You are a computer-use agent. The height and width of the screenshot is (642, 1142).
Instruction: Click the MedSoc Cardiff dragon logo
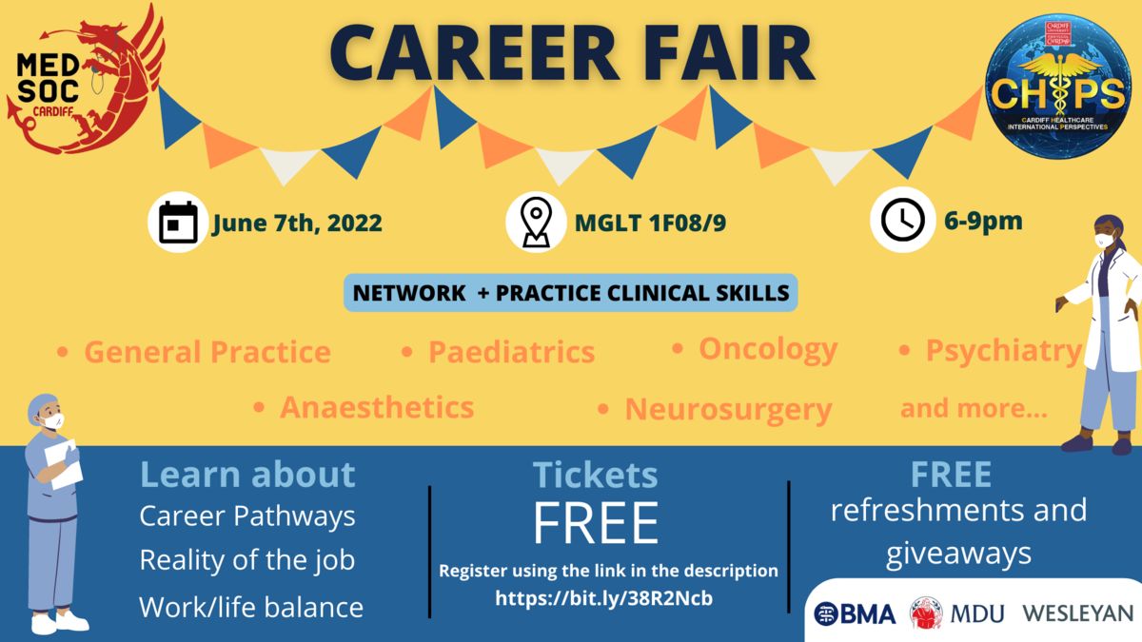point(84,79)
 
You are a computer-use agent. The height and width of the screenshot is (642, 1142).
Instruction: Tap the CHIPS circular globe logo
point(1058,86)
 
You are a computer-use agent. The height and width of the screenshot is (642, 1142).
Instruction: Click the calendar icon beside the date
point(178,223)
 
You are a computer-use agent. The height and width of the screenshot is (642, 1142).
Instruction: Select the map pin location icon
point(536,223)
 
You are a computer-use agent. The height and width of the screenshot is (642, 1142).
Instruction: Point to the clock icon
point(903,220)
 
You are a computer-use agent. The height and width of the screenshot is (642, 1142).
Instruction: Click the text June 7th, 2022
point(297,224)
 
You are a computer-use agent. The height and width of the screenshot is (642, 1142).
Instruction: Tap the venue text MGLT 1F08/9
point(650,224)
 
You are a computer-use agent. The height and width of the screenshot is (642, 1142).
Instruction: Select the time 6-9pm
point(983,221)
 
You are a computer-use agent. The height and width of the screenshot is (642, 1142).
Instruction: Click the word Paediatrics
point(511,352)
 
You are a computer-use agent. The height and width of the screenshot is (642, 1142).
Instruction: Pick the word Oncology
point(768,351)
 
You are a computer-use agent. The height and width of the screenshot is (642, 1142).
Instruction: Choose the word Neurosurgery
point(729,410)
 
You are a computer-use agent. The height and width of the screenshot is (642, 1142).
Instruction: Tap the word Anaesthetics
point(377,408)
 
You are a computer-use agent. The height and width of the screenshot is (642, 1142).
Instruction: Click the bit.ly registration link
point(603,597)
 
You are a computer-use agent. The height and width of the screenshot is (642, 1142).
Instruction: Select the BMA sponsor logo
point(855,614)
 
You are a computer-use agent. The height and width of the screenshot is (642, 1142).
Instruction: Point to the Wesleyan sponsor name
point(1077,613)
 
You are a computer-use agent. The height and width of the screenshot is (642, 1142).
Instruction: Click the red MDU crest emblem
point(926,613)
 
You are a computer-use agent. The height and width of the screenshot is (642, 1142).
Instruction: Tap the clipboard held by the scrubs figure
point(63,465)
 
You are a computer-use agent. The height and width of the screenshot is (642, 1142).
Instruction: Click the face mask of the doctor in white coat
point(1103,240)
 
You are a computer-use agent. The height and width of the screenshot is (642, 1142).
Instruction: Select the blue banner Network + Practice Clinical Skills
point(571,293)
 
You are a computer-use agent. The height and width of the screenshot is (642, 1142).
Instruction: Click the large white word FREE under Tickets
point(596,523)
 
